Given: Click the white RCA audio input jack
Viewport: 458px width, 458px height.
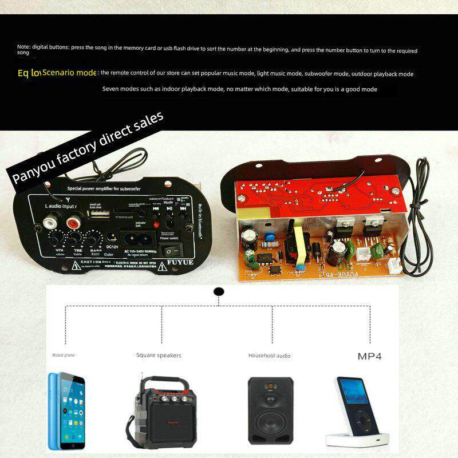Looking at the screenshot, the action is point(50,219).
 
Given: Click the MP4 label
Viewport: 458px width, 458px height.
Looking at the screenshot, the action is point(369,356).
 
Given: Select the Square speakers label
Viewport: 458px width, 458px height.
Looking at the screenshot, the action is point(159,356).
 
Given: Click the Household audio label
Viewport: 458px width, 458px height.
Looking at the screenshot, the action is point(269,356).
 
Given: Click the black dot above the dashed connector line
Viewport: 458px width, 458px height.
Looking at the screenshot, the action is point(218,291).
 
